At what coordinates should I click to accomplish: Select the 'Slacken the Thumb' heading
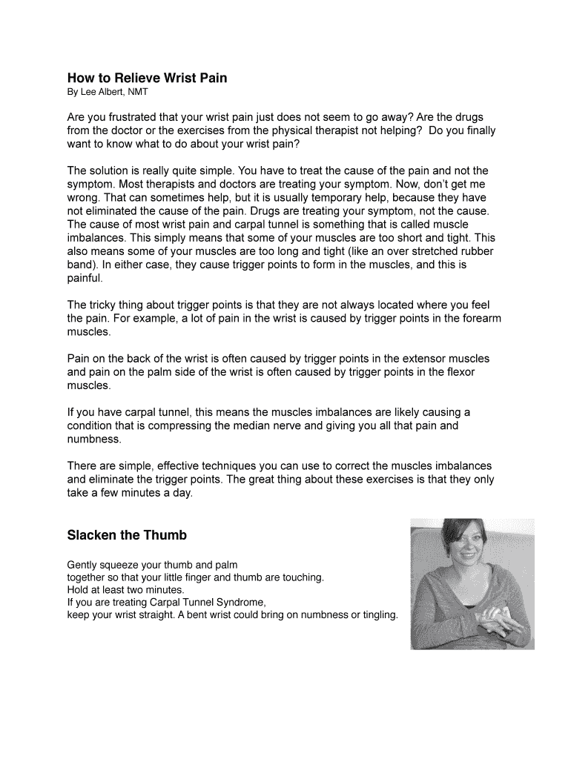pos(127,535)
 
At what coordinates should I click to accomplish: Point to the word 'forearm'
pos(481,318)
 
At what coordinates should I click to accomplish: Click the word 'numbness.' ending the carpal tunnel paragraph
pos(94,439)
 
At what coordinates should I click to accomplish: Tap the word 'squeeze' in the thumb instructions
pos(124,565)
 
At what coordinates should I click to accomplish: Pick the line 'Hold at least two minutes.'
pos(125,590)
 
